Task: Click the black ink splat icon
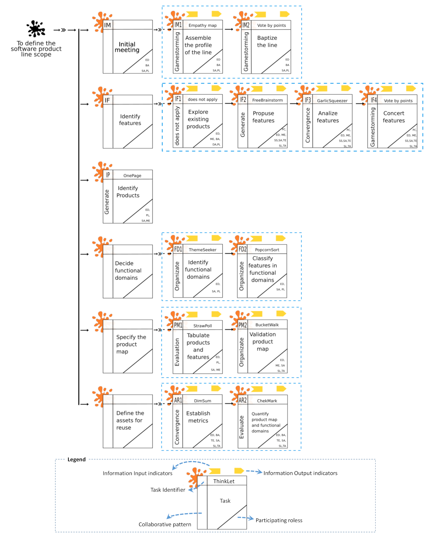tap(36, 29)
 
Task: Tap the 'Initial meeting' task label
tap(127, 47)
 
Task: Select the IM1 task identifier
tap(178, 25)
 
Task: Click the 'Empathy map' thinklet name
tap(202, 25)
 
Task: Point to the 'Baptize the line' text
tap(267, 41)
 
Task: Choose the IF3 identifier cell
tap(308, 100)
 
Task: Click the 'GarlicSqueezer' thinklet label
tap(332, 101)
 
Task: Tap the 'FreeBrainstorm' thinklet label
tap(267, 100)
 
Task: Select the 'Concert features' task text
tap(394, 117)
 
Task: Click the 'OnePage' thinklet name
tap(132, 176)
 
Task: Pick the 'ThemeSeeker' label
tap(202, 250)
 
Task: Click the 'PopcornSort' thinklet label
tap(267, 250)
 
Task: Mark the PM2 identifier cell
tap(242, 325)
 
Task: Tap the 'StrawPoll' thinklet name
tap(202, 326)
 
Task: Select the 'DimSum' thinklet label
tap(202, 401)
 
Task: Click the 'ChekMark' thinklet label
tap(267, 401)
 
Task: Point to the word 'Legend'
tap(77, 460)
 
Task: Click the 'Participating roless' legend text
tap(279, 520)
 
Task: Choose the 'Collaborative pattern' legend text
tap(165, 524)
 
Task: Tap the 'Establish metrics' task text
tap(198, 417)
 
